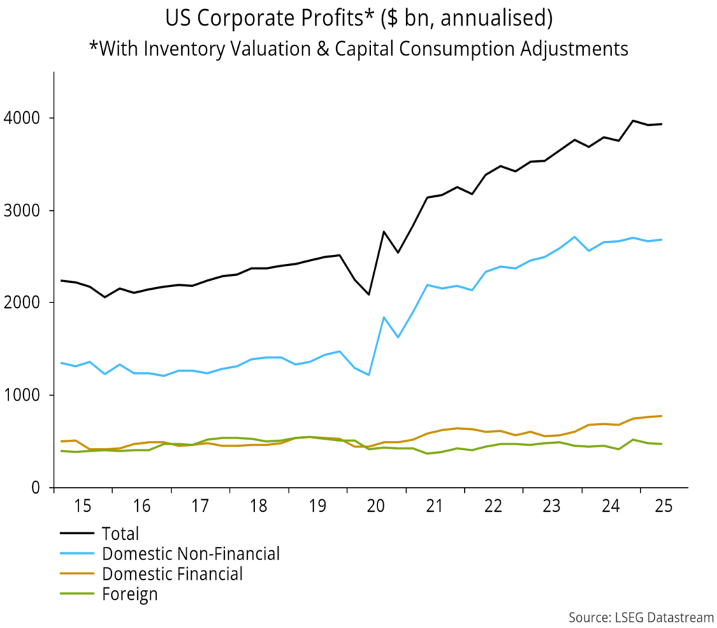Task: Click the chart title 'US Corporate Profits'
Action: (358, 19)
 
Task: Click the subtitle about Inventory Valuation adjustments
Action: (358, 48)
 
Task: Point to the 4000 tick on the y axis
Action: (28, 118)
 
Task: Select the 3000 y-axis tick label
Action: (28, 210)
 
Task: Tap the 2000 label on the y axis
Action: (28, 302)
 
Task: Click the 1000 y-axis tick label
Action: (28, 395)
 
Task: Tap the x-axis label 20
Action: (375, 506)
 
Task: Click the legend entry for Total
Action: (120, 534)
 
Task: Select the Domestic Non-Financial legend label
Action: (190, 554)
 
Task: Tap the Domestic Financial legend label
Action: (172, 574)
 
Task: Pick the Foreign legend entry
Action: (130, 594)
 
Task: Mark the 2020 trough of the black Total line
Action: (369, 294)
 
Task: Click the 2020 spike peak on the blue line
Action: (384, 317)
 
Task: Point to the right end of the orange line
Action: (662, 416)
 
